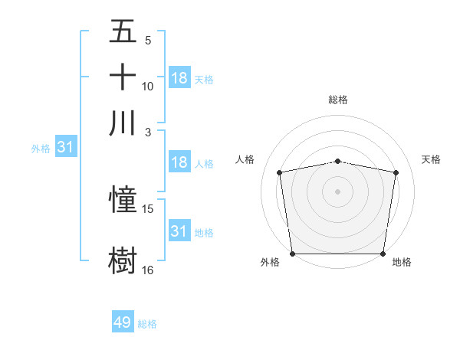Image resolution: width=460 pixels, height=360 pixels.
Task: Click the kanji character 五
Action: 123,33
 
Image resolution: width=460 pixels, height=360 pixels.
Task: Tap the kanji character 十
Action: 123,77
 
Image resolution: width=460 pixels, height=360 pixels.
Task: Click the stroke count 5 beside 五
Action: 148,41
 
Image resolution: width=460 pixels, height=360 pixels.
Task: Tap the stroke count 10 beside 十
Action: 148,86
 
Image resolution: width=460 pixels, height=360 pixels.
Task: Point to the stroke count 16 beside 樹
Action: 148,270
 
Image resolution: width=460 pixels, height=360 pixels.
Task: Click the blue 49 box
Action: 123,322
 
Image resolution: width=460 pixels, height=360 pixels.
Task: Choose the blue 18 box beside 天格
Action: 179,78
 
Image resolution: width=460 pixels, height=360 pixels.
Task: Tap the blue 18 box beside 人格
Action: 179,162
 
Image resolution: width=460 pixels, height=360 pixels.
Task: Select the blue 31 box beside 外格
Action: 65,148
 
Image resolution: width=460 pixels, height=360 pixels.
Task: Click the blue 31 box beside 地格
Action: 179,231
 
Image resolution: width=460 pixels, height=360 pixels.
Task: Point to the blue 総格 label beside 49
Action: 147,324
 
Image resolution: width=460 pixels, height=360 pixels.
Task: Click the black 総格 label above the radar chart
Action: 338,100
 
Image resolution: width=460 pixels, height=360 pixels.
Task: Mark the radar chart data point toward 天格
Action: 396,172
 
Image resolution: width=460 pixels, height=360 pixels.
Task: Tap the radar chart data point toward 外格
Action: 292,254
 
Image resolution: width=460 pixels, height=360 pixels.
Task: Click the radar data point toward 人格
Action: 280,172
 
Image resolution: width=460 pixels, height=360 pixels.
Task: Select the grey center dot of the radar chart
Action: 338,191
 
